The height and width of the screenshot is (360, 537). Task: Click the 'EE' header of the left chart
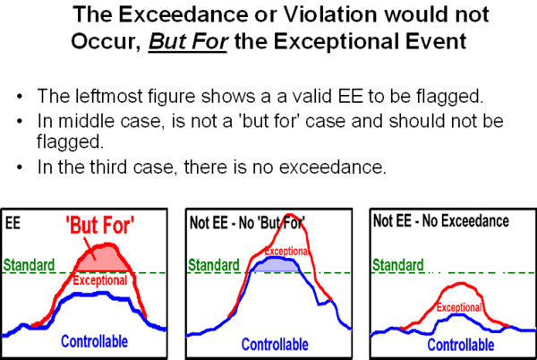point(14,219)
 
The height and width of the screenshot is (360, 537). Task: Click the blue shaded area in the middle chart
point(279,266)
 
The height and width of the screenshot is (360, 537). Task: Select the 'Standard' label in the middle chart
point(215,266)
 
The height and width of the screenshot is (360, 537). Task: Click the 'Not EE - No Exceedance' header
point(440,219)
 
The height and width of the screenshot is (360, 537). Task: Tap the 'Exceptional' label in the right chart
point(459,306)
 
